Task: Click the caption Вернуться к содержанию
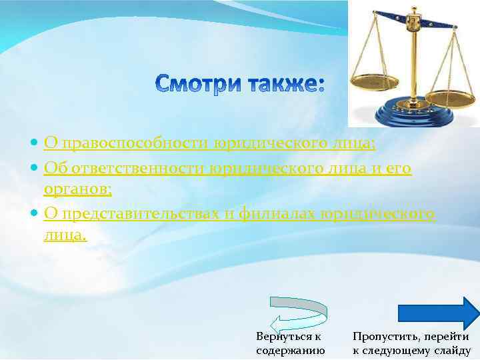coord(290,343)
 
